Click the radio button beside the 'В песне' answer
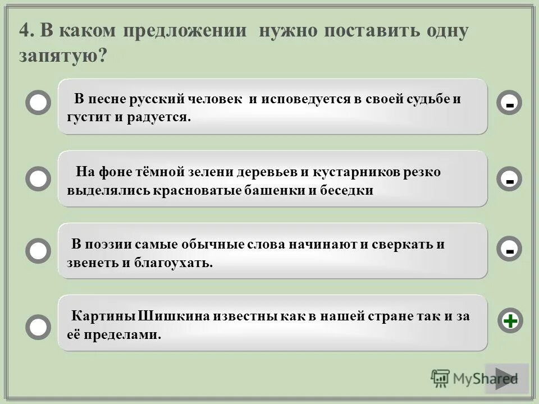click(38, 104)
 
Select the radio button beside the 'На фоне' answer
click(38, 179)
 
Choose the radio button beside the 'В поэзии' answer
click(38, 251)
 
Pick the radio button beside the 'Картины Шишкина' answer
click(38, 326)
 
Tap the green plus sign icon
click(510, 321)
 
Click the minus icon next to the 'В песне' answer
click(509, 104)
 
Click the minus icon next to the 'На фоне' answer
click(509, 180)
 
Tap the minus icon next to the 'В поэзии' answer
click(509, 251)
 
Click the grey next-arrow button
click(506, 378)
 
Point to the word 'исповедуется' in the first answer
click(298, 100)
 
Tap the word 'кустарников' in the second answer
click(358, 172)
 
